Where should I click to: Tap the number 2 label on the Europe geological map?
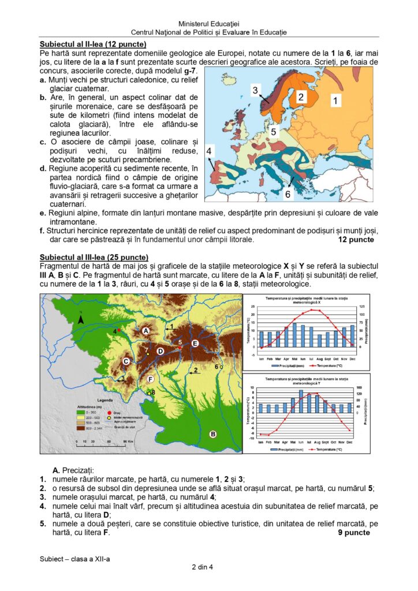301,97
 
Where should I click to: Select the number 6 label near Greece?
288,194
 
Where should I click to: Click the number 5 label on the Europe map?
274,131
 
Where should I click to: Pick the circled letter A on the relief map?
146,331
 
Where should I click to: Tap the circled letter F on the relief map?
150,379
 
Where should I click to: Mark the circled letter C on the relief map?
125,361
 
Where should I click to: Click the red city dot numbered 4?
119,330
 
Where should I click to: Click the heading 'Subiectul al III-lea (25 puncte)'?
94,257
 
